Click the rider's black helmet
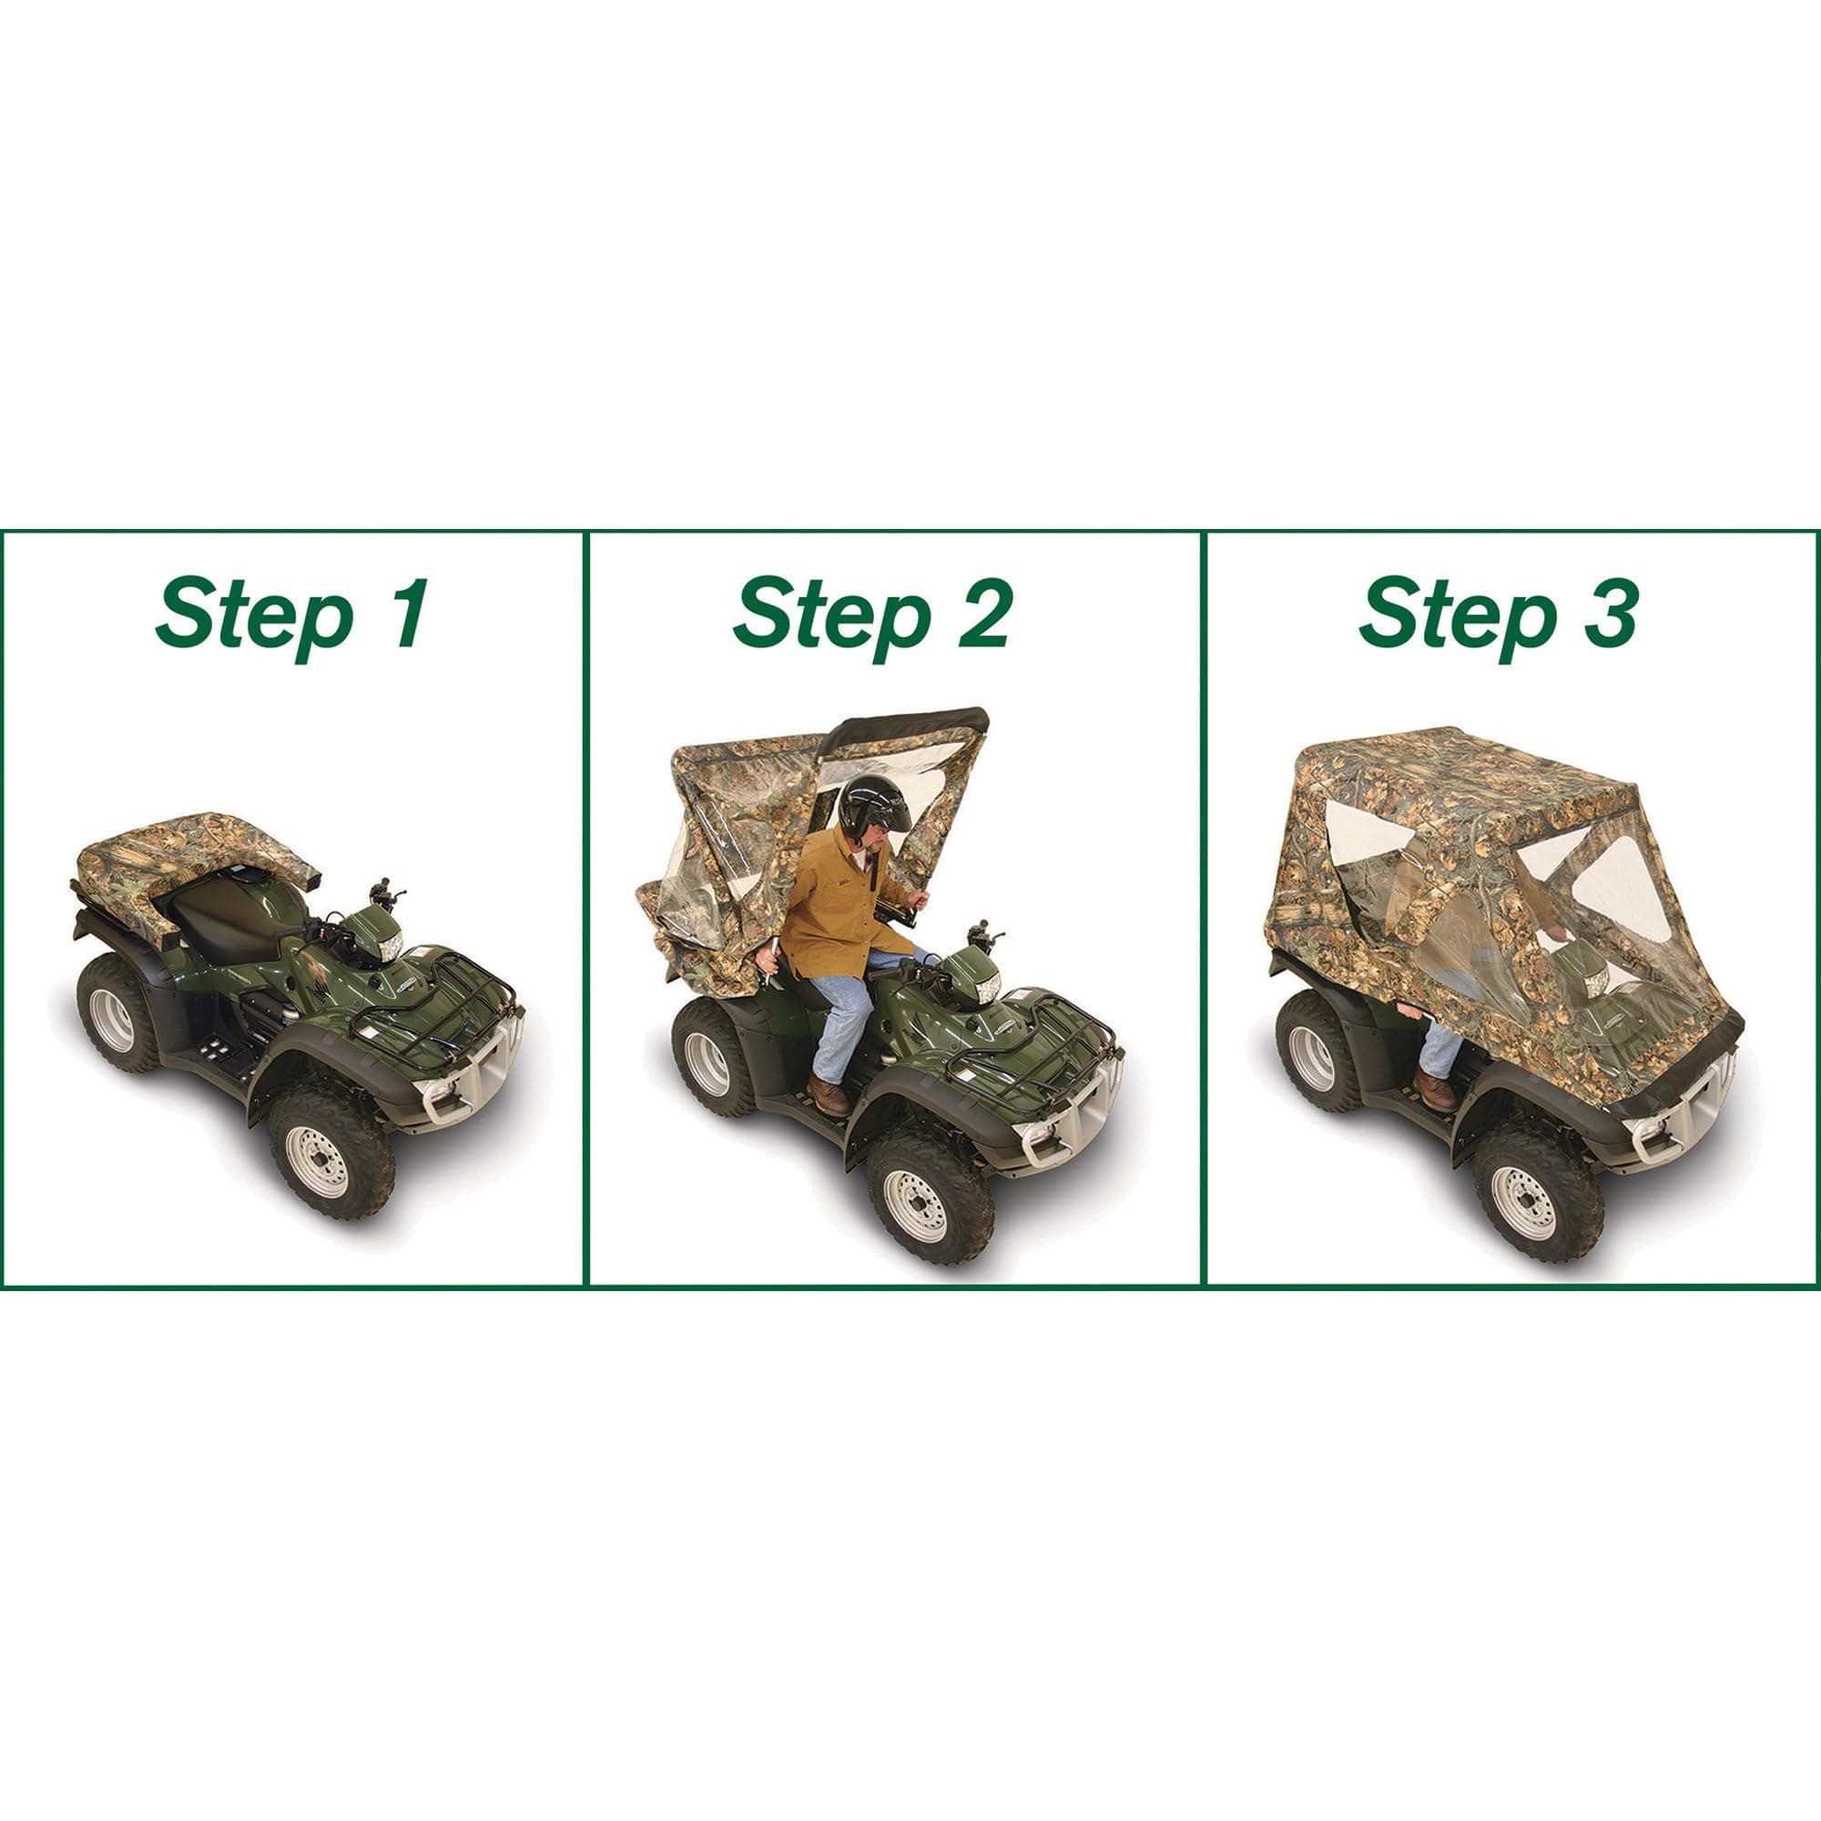coord(874,808)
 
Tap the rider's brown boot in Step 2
coord(829,1094)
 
